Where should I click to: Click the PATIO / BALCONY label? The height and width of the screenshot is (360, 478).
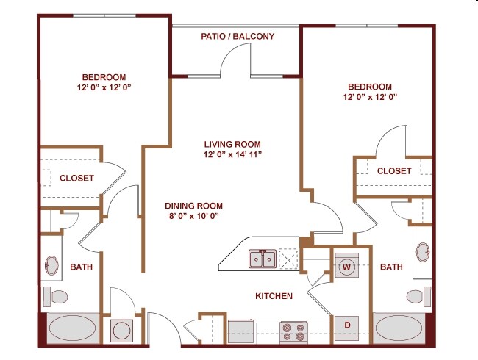238,37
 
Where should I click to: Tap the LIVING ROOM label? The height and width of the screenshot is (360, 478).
232,144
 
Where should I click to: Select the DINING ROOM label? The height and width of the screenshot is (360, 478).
193,206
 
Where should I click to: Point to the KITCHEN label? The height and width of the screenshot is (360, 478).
274,296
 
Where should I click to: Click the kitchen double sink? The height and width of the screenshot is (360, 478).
263,259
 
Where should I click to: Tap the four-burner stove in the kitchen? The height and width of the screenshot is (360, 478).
293,332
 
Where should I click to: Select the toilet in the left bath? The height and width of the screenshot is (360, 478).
55,297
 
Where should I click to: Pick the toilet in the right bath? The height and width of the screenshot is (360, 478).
419,296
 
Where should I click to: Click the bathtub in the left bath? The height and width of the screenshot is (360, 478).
73,328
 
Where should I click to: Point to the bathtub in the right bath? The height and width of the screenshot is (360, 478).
399,328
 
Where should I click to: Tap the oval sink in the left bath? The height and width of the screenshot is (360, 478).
51,265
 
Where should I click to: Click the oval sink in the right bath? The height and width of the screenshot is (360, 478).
423,252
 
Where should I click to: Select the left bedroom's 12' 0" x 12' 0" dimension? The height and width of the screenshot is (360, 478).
104,87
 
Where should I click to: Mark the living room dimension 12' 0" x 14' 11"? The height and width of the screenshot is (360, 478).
232,154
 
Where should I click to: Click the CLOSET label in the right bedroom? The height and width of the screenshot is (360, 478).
394,171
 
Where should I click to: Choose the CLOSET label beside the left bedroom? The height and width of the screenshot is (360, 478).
76,178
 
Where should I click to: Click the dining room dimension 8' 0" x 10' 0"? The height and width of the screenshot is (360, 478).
194,216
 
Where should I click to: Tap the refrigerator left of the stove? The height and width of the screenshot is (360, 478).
240,331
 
